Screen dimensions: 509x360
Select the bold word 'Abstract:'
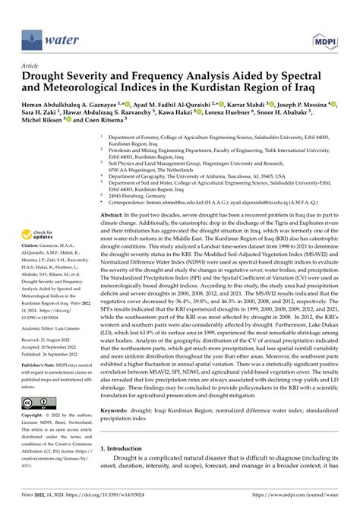pos(114,217)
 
